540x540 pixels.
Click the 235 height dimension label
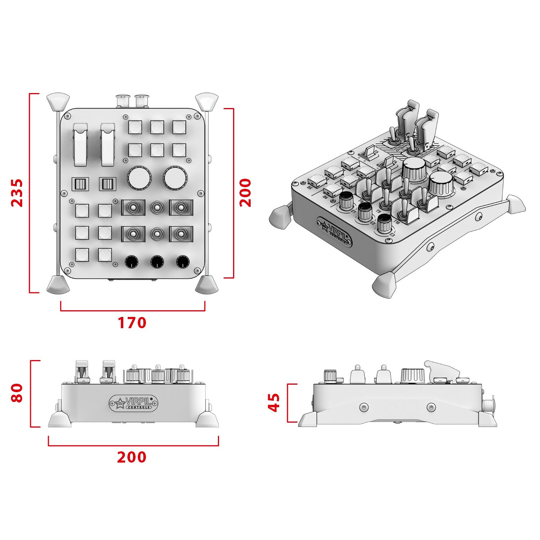click(x=17, y=193)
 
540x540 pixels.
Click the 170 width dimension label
click(x=132, y=323)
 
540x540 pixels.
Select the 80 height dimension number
click(x=17, y=393)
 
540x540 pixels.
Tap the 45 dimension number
click(x=274, y=403)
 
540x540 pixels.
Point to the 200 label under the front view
click(x=132, y=457)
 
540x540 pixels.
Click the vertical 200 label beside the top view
click(x=245, y=193)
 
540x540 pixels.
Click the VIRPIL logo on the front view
click(x=134, y=403)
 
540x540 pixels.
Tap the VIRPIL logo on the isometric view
click(x=334, y=232)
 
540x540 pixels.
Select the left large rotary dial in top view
click(x=139, y=178)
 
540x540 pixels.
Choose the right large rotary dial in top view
click(x=175, y=178)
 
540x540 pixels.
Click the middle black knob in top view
click(x=157, y=262)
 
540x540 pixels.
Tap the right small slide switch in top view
click(x=108, y=184)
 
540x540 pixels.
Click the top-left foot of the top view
click(x=58, y=101)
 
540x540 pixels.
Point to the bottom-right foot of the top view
click(x=207, y=285)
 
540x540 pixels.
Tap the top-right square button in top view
click(x=179, y=127)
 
